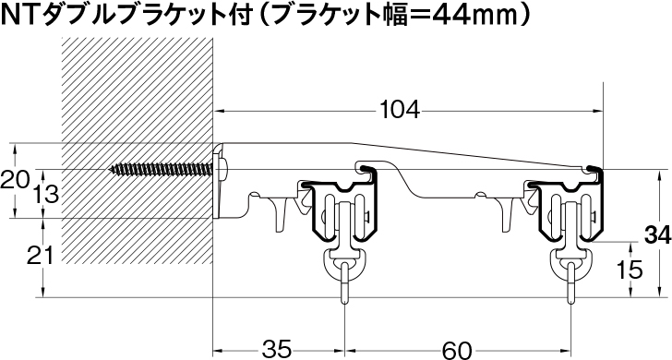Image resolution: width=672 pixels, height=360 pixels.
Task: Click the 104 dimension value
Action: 400,111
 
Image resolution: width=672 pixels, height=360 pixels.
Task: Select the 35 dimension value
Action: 276,349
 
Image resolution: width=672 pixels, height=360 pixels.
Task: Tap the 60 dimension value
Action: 456,349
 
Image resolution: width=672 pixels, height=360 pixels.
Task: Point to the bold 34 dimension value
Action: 658,235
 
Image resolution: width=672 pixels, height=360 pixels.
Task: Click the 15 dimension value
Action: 630,270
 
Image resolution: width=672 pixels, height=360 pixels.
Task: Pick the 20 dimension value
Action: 15,179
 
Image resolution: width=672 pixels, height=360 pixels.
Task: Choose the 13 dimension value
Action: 44,194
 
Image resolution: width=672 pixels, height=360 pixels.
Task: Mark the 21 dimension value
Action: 41,257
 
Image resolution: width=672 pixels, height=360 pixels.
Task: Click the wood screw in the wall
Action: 162,169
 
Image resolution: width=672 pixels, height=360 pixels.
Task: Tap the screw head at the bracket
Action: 223,169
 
